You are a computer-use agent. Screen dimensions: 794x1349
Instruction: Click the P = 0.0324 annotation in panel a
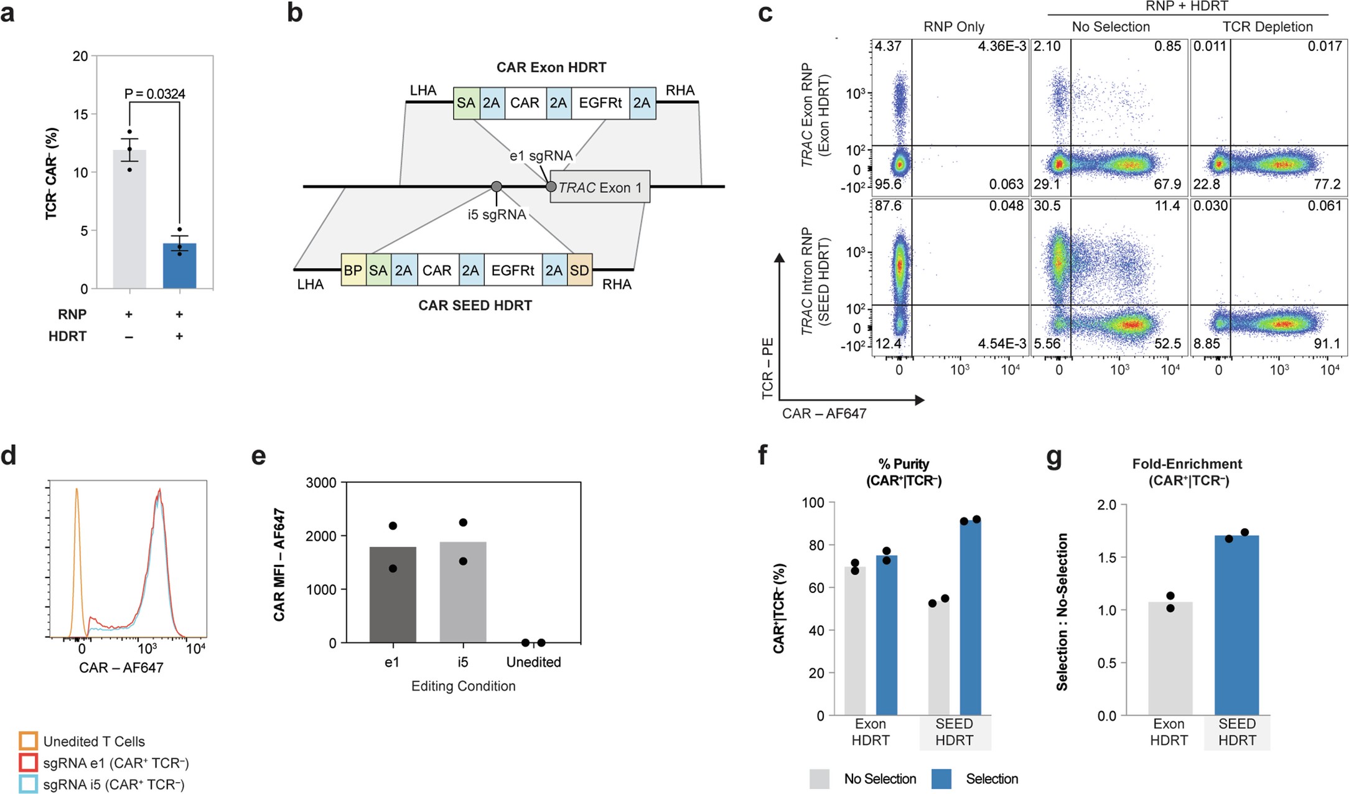point(154,94)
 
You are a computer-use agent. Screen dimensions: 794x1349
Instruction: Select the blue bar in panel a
point(179,266)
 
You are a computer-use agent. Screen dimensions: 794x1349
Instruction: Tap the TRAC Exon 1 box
point(600,187)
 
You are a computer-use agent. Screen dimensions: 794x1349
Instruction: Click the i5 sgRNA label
point(497,215)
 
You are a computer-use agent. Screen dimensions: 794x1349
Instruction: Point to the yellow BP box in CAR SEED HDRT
point(353,270)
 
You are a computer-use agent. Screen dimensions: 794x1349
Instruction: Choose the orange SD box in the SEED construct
point(579,270)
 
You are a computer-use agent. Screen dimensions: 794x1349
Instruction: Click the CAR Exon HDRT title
point(551,67)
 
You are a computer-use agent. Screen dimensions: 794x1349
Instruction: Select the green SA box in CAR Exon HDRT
point(465,103)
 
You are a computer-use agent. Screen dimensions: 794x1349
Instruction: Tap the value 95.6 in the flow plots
point(888,185)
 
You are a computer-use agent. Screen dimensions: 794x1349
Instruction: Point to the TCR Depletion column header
point(1267,27)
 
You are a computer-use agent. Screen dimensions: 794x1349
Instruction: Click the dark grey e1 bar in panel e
point(393,594)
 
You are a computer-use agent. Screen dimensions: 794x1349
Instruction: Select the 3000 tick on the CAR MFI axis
point(321,483)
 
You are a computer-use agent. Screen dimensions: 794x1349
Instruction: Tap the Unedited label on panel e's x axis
point(533,662)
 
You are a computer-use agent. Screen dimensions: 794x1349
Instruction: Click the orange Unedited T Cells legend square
point(29,741)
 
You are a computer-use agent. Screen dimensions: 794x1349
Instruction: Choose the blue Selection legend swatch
point(941,778)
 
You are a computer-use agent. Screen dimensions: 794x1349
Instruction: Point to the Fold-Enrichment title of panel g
point(1187,464)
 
